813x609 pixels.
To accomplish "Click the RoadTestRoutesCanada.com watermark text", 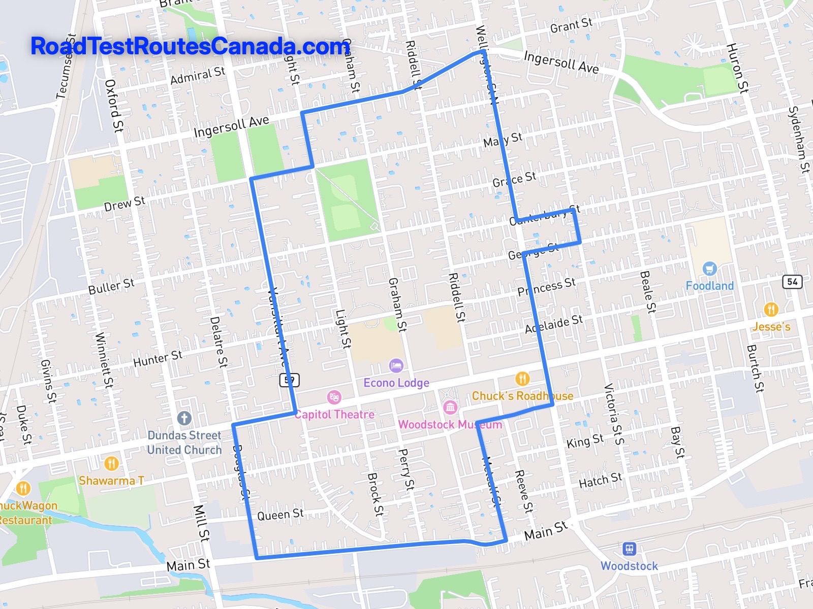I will [x=190, y=46].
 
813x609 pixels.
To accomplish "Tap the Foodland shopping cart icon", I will [x=709, y=268].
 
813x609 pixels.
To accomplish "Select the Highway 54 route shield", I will [x=792, y=282].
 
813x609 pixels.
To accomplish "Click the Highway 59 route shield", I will [x=289, y=380].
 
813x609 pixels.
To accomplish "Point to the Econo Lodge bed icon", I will [x=396, y=365].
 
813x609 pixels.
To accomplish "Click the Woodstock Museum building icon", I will [x=450, y=407].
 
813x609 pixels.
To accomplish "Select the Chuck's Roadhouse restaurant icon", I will [x=522, y=379].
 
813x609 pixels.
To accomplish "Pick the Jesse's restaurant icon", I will [x=771, y=309].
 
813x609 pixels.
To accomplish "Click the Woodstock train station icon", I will [x=629, y=549].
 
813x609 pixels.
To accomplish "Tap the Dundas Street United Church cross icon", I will [x=184, y=419].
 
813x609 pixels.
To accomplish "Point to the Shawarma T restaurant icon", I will [x=111, y=463].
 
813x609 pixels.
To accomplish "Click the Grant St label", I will [x=571, y=25].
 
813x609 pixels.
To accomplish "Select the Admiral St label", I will [x=197, y=76].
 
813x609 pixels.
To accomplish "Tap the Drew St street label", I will [x=124, y=204].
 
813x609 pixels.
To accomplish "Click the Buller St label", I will [x=111, y=286].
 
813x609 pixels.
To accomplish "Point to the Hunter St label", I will [x=158, y=358].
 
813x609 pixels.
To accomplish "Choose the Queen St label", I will [x=280, y=515].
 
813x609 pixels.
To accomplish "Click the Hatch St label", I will [x=600, y=480].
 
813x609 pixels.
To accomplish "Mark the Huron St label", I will [x=737, y=68].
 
